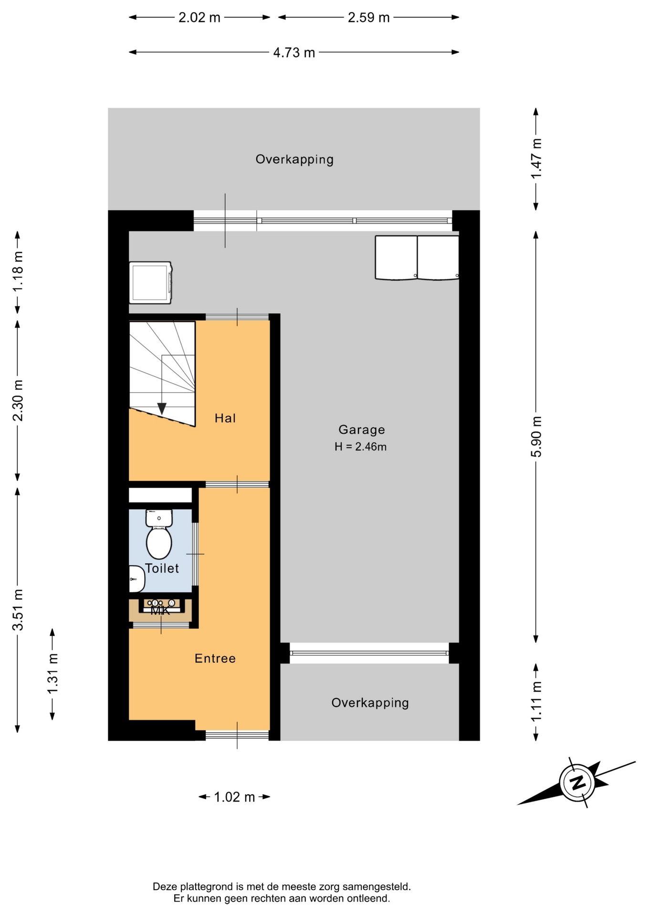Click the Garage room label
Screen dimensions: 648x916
pyautogui.click(x=361, y=430)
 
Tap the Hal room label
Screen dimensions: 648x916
pyautogui.click(x=225, y=418)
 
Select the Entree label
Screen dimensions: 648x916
pyautogui.click(x=215, y=659)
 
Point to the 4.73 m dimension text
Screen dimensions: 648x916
pyautogui.click(x=294, y=52)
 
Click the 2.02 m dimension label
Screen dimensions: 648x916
pyautogui.click(x=199, y=18)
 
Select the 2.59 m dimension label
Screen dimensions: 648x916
pyautogui.click(x=368, y=18)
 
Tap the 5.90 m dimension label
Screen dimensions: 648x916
pyautogui.click(x=536, y=437)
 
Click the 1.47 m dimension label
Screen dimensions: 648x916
pyautogui.click(x=536, y=158)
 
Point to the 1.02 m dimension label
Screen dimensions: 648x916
pyautogui.click(x=234, y=797)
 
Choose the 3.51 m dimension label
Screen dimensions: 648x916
pyautogui.click(x=18, y=610)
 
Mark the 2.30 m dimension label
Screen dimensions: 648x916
pyautogui.click(x=18, y=401)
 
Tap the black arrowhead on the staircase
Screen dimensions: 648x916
pyautogui.click(x=162, y=409)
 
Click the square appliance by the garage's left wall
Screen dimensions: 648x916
pyautogui.click(x=150, y=282)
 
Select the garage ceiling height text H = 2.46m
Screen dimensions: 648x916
pyautogui.click(x=360, y=447)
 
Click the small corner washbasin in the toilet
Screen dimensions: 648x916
pyautogui.click(x=136, y=579)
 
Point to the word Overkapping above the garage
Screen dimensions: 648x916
pyautogui.click(x=294, y=159)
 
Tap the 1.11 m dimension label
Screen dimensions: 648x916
pyautogui.click(x=536, y=701)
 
